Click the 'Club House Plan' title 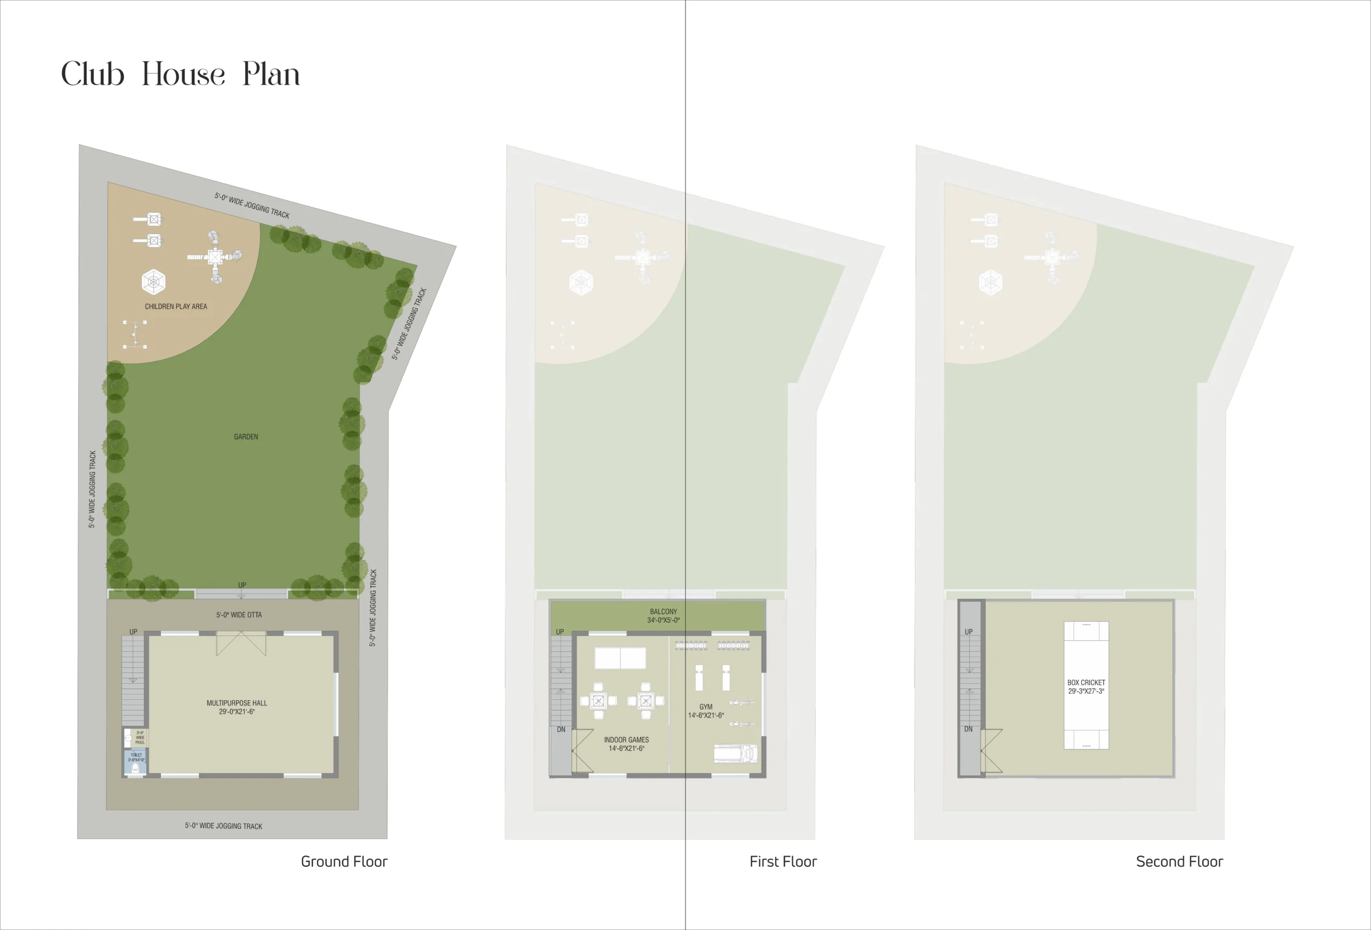[x=180, y=74]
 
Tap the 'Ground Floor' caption [x=344, y=861]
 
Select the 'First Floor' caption [x=783, y=861]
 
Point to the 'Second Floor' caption [x=1179, y=861]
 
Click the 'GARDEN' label [x=246, y=437]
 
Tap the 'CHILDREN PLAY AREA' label [x=176, y=307]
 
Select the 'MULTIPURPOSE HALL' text [x=237, y=703]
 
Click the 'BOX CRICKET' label [x=1086, y=683]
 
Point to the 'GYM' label [x=705, y=707]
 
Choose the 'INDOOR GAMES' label [x=626, y=740]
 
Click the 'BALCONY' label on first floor [x=663, y=612]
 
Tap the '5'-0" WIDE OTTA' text [x=239, y=615]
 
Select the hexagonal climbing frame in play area [x=153, y=282]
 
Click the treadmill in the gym [x=735, y=754]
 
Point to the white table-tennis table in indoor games [x=620, y=658]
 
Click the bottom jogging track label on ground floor [x=223, y=826]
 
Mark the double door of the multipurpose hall [x=242, y=644]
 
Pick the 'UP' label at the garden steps [x=242, y=586]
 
